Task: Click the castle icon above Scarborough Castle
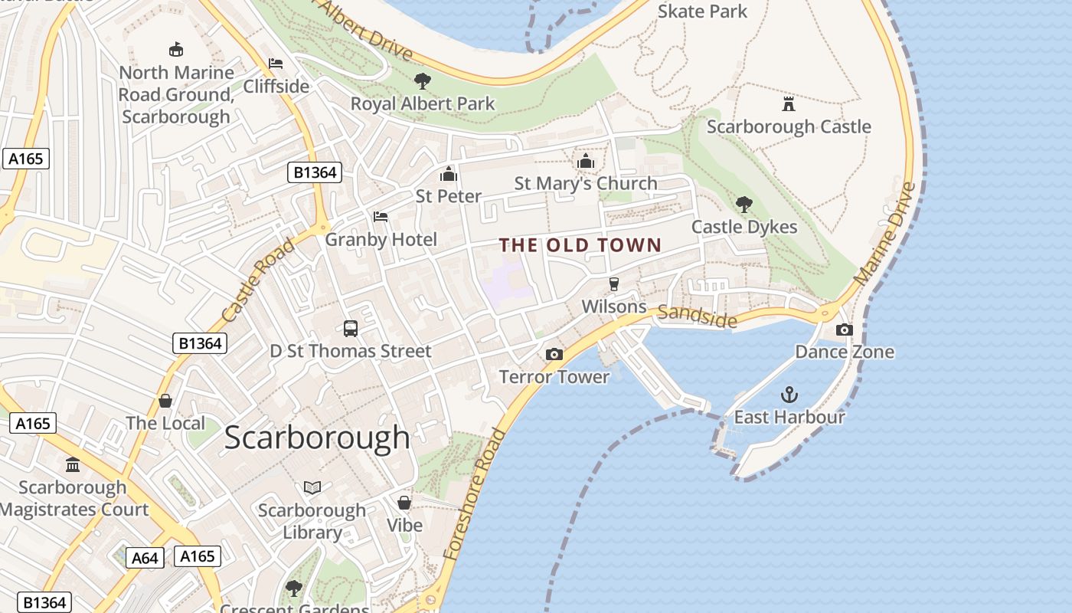(x=788, y=103)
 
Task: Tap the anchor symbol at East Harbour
(x=789, y=395)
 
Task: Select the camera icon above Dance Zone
(x=844, y=329)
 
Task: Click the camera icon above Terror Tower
(x=554, y=354)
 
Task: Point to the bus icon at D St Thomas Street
(x=351, y=329)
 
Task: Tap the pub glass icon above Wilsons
(x=613, y=284)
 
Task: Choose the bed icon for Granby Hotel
(x=381, y=217)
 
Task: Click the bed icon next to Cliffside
(x=276, y=64)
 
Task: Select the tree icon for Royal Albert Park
(x=422, y=80)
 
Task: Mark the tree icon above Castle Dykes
(x=744, y=204)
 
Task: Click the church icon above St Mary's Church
(x=586, y=161)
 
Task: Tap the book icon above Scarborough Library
(x=312, y=487)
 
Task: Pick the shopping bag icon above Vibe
(x=404, y=503)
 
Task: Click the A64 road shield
(x=145, y=558)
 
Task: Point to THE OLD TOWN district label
(x=580, y=245)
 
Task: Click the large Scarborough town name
(x=317, y=438)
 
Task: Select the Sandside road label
(x=697, y=315)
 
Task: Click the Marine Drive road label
(x=885, y=234)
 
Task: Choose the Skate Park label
(x=702, y=11)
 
